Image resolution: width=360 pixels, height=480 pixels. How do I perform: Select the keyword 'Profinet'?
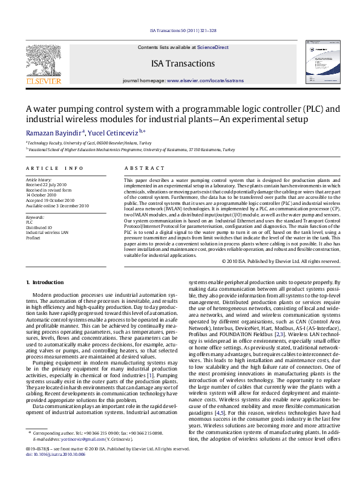33,238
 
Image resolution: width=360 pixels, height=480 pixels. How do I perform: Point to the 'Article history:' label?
39,180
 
